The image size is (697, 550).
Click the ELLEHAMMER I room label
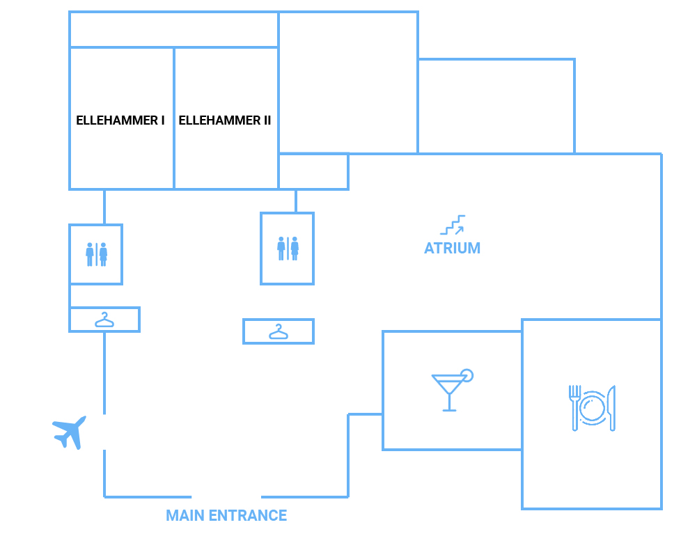120,120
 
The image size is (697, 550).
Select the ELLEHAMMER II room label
224,120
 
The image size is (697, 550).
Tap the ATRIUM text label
452,248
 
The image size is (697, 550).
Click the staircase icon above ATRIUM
453,225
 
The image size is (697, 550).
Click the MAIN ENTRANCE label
226,515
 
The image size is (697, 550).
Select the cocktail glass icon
452,390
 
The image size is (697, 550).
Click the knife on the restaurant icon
611,408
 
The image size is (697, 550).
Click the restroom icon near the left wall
97,254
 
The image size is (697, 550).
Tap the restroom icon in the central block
288,249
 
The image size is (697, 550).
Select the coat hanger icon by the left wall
104,320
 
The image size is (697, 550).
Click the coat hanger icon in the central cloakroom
279,331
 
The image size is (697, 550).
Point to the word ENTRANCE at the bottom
248,515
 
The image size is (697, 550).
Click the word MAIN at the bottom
185,515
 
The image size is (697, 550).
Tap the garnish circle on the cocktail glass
467,376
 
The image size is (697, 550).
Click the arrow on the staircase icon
460,230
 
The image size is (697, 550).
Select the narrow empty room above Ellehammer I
174,29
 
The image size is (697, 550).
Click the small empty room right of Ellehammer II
313,172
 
